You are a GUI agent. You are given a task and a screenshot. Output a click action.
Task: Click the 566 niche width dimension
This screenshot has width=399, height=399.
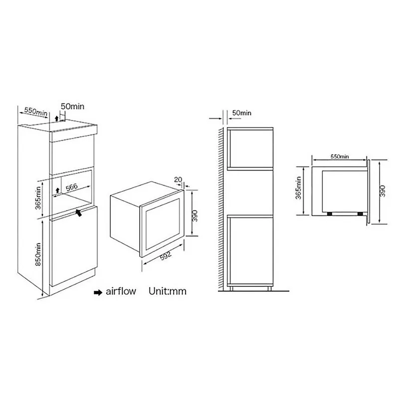(x=71, y=188)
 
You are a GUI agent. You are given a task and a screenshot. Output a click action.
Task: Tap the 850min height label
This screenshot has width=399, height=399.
(x=38, y=254)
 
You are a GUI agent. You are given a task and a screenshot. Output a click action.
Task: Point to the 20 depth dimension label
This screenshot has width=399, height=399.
(x=178, y=180)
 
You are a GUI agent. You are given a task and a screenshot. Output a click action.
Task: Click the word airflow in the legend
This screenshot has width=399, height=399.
(x=121, y=291)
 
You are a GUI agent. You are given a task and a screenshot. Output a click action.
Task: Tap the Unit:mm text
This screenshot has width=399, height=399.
(x=168, y=291)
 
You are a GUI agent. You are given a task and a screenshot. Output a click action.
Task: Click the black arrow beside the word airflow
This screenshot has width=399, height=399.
(x=98, y=292)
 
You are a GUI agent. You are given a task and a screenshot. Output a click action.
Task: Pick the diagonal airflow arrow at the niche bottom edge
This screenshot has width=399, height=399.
(x=79, y=212)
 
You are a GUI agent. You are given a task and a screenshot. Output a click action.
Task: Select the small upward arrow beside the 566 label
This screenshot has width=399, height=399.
(x=57, y=190)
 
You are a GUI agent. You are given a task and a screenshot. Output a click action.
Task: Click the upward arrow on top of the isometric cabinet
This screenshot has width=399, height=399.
(x=56, y=118)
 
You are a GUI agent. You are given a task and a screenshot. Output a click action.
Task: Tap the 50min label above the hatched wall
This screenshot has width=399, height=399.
(x=241, y=113)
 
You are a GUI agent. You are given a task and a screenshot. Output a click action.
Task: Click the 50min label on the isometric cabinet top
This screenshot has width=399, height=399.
(x=72, y=106)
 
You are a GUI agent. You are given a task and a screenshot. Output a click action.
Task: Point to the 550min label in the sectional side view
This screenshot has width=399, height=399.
(x=340, y=157)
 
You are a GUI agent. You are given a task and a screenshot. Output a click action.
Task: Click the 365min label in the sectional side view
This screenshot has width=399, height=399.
(x=298, y=188)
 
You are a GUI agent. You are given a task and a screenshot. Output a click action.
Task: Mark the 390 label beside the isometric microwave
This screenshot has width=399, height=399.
(x=195, y=215)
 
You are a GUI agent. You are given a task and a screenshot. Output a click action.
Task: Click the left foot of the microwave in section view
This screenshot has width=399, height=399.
(x=330, y=214)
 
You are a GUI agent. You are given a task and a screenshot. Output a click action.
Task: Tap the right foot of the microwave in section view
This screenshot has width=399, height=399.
(x=360, y=214)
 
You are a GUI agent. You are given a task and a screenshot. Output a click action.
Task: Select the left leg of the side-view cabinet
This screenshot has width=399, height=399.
(x=231, y=288)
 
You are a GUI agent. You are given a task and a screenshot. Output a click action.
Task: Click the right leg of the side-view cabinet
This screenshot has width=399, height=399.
(x=269, y=288)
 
